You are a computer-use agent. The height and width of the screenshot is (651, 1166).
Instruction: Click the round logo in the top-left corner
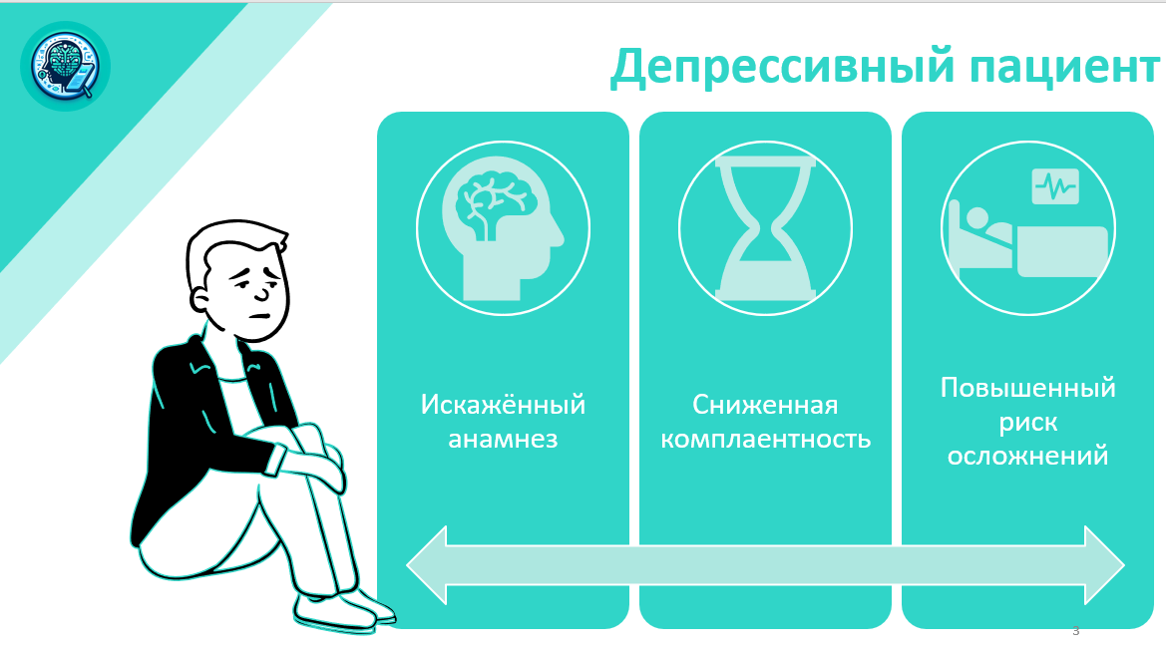click(x=66, y=66)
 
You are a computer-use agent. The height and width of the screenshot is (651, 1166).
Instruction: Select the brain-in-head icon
click(x=504, y=228)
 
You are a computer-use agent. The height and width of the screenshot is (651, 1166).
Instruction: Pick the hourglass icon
click(x=765, y=228)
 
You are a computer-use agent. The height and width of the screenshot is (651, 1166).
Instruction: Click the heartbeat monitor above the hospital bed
click(x=1055, y=186)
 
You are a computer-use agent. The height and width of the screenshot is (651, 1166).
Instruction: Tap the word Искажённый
click(x=503, y=405)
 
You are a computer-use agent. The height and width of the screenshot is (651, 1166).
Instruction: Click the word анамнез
click(x=503, y=440)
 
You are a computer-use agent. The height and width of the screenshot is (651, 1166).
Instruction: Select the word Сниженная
click(x=765, y=405)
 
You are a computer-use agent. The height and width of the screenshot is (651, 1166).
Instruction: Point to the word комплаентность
click(x=766, y=440)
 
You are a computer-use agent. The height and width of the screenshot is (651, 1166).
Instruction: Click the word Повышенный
click(x=1027, y=388)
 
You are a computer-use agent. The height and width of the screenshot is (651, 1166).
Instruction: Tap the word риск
click(x=1027, y=423)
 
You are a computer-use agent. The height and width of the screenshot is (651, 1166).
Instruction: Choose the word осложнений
click(x=1027, y=456)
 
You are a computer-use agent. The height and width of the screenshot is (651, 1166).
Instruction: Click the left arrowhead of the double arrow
click(x=427, y=565)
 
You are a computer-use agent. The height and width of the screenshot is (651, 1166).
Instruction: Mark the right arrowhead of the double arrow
click(x=1104, y=565)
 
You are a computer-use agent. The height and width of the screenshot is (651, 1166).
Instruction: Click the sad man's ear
click(x=200, y=300)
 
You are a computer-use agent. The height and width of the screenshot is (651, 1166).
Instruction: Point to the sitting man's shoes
click(x=343, y=611)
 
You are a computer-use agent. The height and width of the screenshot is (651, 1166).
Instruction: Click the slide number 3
click(x=1075, y=631)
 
